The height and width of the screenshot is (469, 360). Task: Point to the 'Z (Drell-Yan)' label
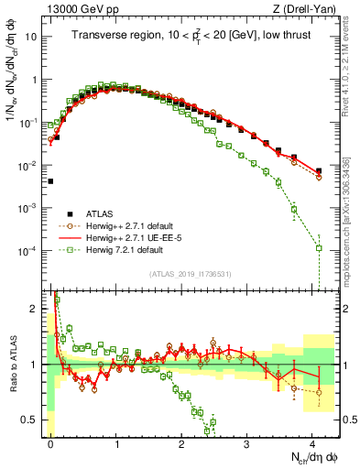307,8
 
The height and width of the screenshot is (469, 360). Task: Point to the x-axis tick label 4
313,442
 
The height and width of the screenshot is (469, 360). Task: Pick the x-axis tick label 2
182,442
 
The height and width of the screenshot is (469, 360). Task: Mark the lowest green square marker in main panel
319,248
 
